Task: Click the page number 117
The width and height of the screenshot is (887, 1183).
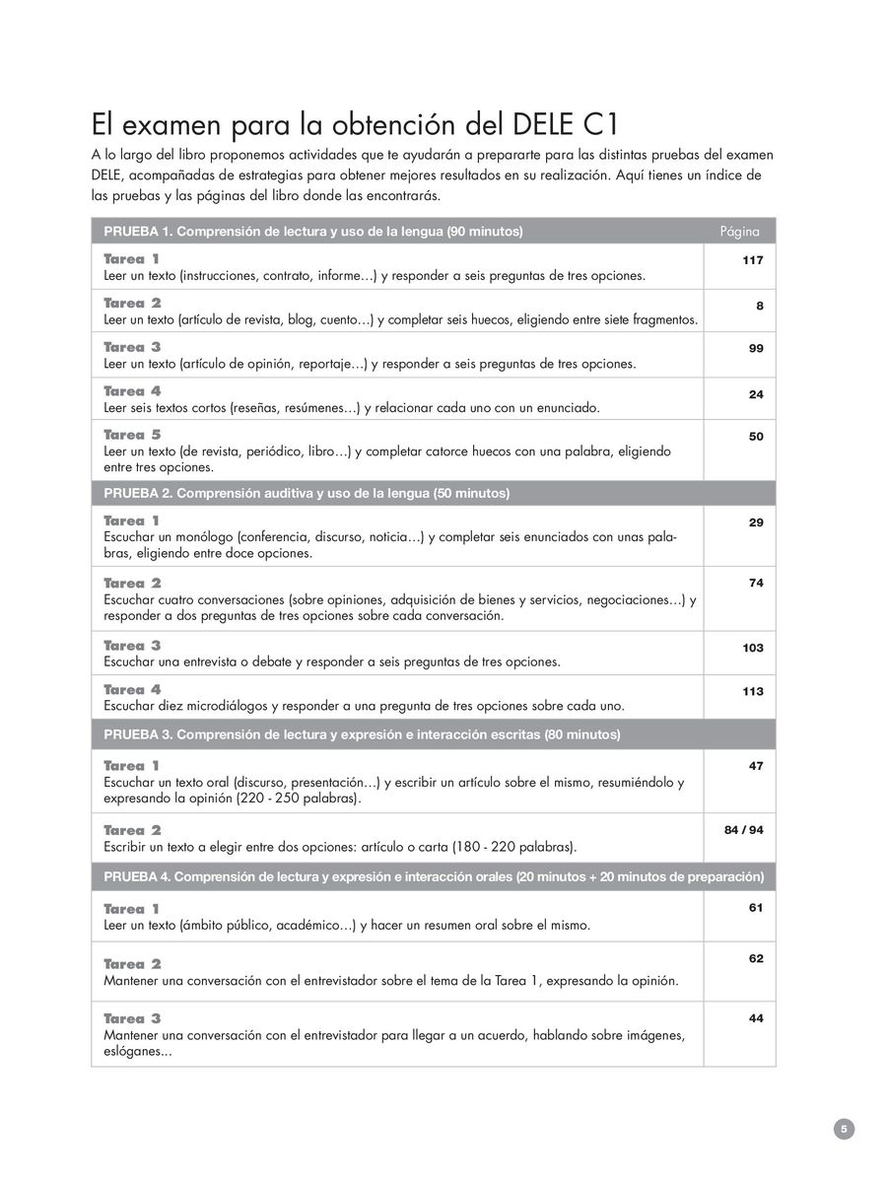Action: coord(753,260)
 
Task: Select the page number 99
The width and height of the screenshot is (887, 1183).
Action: coord(755,348)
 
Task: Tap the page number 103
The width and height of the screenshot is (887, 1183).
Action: coord(753,648)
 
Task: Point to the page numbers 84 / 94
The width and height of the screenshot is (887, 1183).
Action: coord(743,830)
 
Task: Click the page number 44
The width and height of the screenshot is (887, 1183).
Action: coord(756,1018)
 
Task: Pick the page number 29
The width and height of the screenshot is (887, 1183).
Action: coord(756,522)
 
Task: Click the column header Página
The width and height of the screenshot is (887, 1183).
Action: coord(739,232)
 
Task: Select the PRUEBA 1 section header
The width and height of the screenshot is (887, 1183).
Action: coord(313,232)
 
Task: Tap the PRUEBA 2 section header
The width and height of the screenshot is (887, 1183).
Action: coord(307,493)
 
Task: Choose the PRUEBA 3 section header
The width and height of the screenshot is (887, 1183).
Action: coord(362,735)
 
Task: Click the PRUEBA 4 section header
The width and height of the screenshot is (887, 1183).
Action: coord(434,876)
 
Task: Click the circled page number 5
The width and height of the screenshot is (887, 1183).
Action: coord(844,1129)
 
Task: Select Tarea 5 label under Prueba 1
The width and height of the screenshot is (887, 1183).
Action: coord(132,434)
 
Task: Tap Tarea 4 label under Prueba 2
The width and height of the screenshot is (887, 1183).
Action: coord(132,689)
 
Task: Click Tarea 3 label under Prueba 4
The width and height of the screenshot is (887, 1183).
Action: coord(132,1018)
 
